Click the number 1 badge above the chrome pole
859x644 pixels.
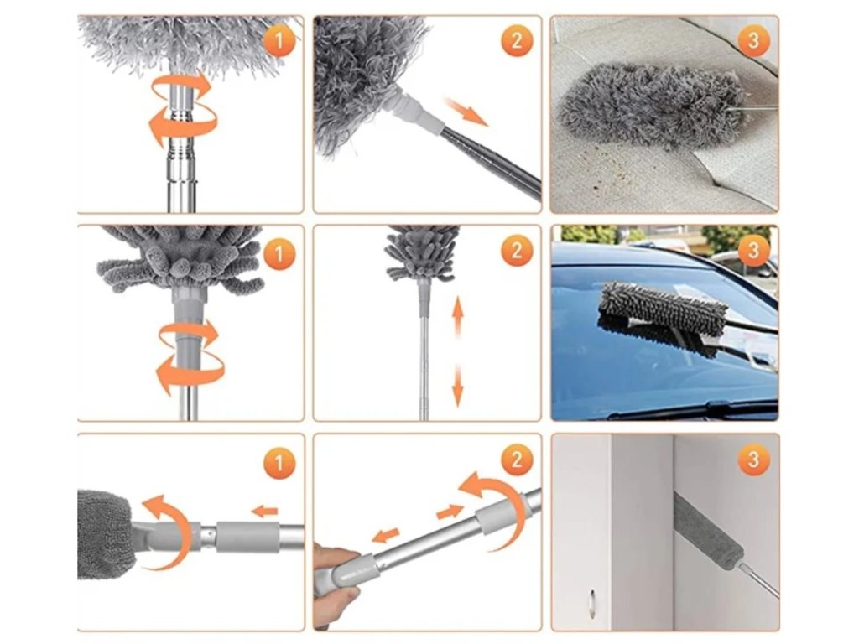tap(279, 40)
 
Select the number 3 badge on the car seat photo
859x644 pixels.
tap(754, 40)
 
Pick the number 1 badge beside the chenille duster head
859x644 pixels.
tap(279, 254)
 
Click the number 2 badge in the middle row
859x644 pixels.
tap(517, 251)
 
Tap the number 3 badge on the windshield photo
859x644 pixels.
tap(754, 250)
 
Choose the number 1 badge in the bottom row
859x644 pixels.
tap(279, 463)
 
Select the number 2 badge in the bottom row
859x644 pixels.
tap(517, 460)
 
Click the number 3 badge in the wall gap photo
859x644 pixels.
tap(754, 460)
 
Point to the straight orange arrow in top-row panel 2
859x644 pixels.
tap(466, 112)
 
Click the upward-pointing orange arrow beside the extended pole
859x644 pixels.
tap(457, 318)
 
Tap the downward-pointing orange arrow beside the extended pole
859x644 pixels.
tap(457, 386)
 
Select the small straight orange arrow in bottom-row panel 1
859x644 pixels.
tap(266, 512)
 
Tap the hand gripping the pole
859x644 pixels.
tap(336, 580)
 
